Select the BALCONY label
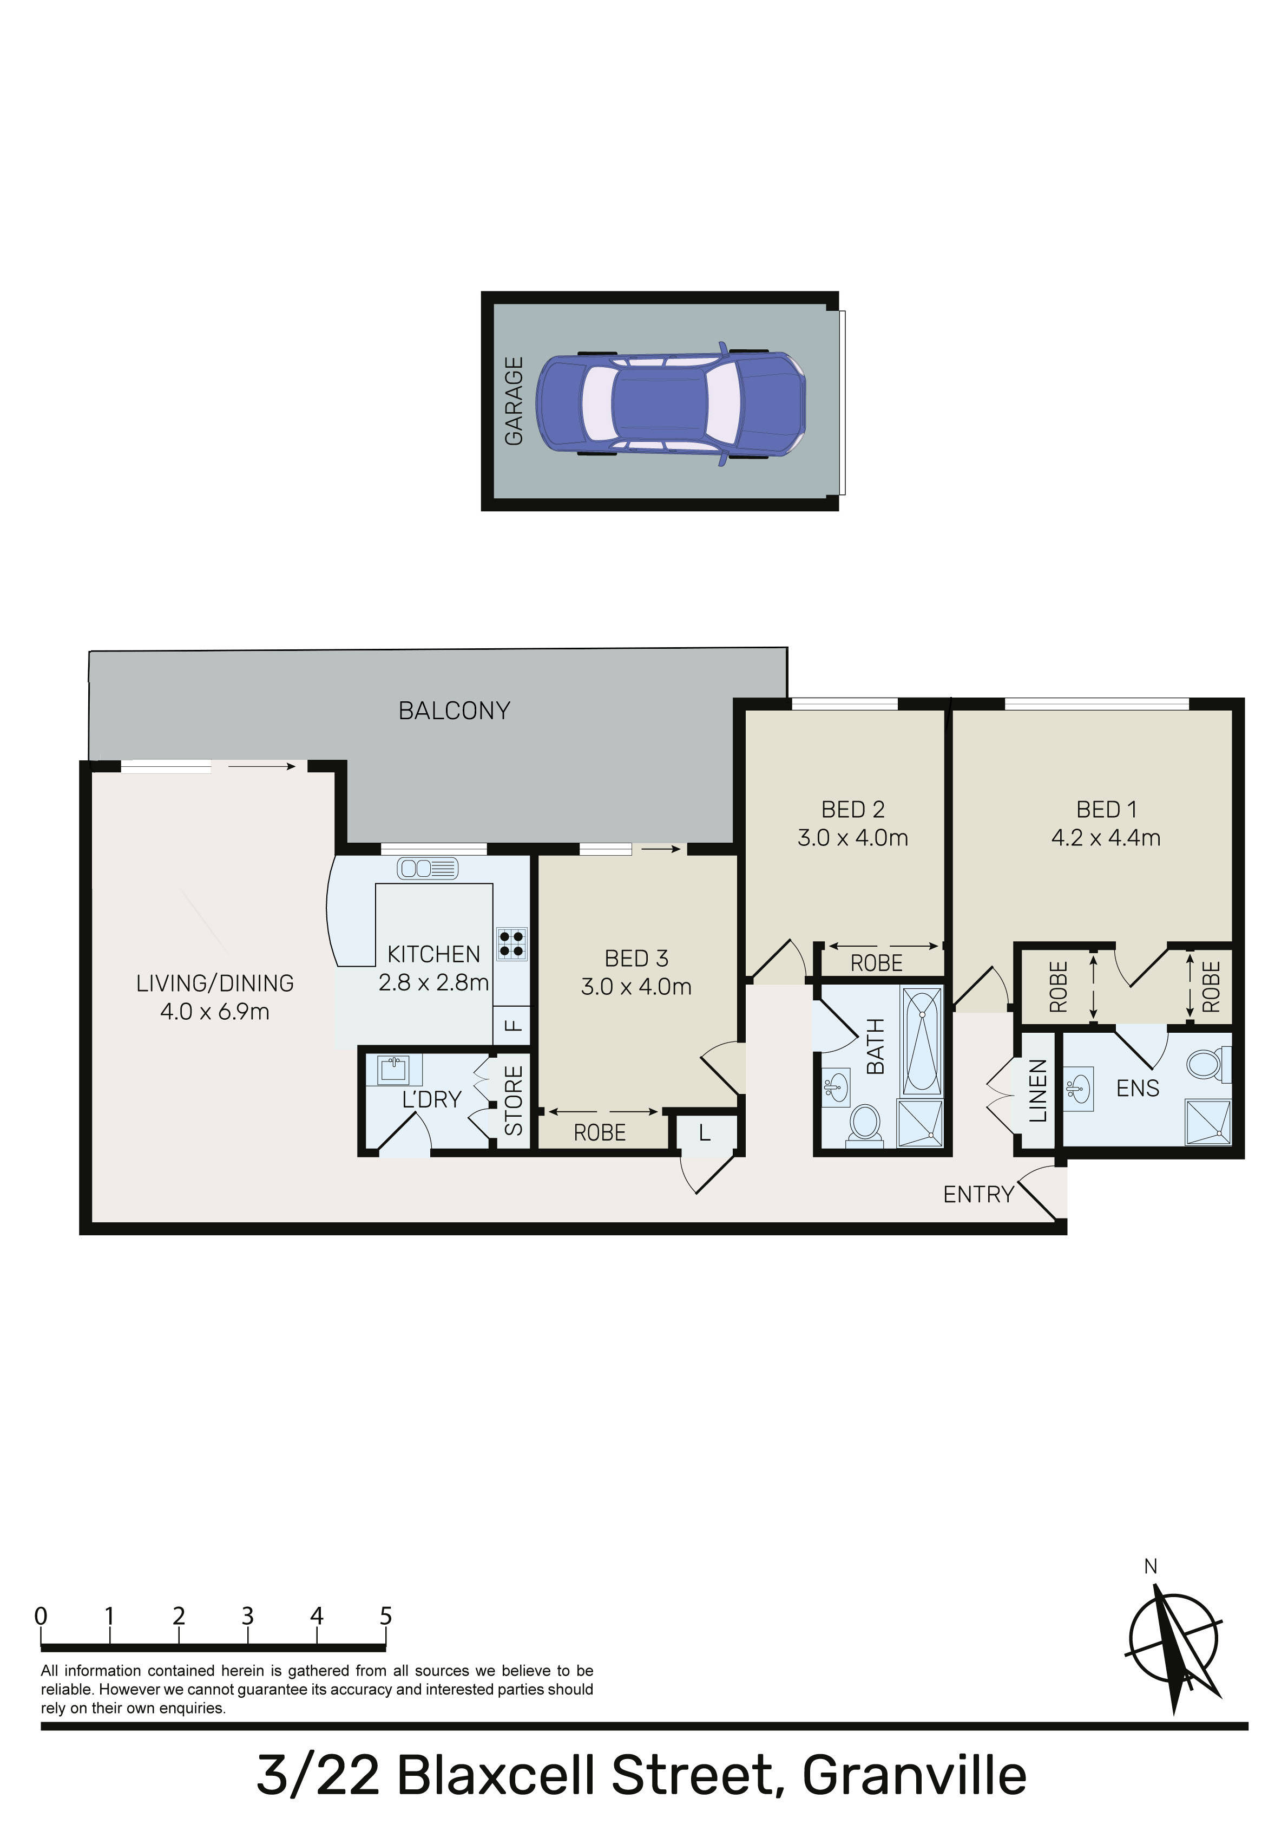(x=454, y=710)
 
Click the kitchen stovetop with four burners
(x=511, y=944)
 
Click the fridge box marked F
(x=512, y=1025)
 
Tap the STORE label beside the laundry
(x=514, y=1100)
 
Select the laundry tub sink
(x=393, y=1069)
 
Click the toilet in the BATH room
(x=865, y=1125)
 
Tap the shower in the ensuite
(x=1208, y=1123)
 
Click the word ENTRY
(x=978, y=1194)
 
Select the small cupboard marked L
(x=705, y=1134)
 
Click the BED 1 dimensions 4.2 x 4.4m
(x=1106, y=837)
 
